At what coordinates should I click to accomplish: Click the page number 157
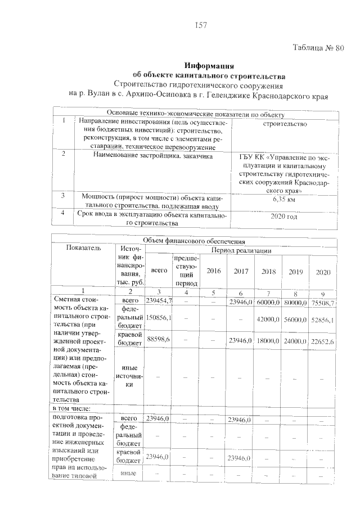[x=201, y=25]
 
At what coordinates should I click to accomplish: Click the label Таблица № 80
[x=318, y=48]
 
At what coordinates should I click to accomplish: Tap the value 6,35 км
[x=283, y=200]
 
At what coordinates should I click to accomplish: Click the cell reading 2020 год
[x=283, y=217]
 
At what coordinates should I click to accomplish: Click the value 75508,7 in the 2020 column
[x=323, y=303]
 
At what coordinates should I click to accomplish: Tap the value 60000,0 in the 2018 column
[x=268, y=303]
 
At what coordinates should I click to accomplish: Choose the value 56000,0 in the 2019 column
[x=295, y=319]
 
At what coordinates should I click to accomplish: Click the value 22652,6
[x=323, y=341]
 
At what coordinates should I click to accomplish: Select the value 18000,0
[x=268, y=341]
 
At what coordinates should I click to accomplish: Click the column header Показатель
[x=83, y=247]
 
